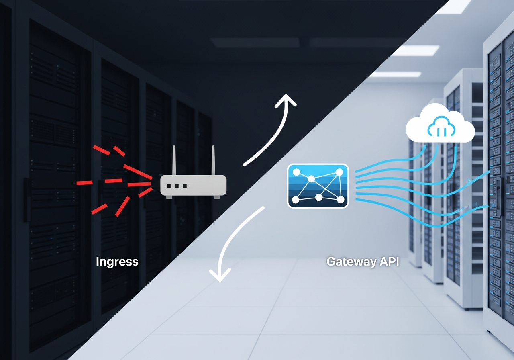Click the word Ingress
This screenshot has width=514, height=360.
point(117,262)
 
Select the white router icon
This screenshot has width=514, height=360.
point(193,185)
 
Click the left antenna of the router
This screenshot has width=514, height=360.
point(175,161)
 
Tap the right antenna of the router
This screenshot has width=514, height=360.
point(213,161)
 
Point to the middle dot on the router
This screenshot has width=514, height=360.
point(177,186)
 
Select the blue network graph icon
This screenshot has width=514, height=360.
point(318,186)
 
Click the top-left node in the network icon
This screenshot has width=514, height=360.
point(296,172)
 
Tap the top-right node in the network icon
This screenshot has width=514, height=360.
point(339,172)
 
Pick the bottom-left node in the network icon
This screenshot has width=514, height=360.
point(296,199)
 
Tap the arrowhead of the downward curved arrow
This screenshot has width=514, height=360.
point(220,276)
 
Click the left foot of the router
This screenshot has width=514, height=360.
point(169,197)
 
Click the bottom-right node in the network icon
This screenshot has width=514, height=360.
point(341,199)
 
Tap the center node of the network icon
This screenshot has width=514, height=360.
point(311,178)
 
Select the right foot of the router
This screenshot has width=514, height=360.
point(217,197)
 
